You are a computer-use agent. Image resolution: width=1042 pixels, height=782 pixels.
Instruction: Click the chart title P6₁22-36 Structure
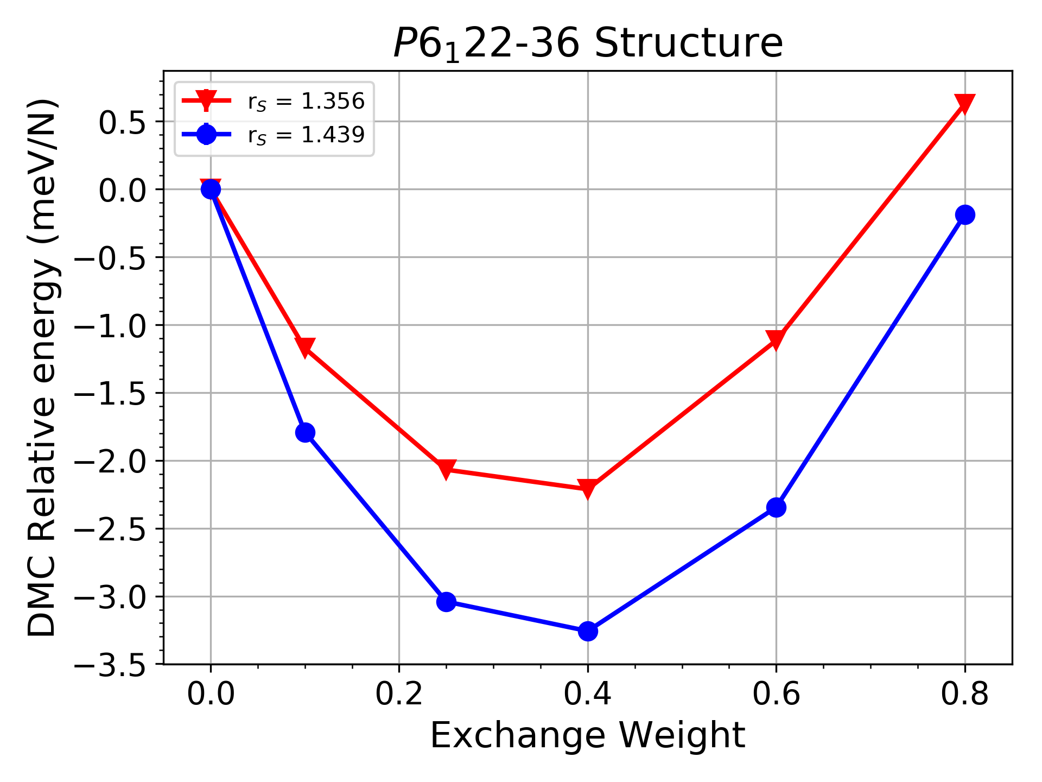coord(588,43)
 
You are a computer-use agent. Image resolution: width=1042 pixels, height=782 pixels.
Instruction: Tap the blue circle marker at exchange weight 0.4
coord(588,631)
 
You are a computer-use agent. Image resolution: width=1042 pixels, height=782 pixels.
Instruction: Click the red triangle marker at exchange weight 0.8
coord(964,103)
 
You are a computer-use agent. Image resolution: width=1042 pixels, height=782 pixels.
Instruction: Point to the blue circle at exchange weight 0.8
coord(964,215)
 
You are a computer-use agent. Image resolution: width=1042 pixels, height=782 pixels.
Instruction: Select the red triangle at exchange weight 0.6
coord(776,339)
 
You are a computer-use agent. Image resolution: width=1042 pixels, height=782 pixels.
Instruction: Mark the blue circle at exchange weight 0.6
coord(776,507)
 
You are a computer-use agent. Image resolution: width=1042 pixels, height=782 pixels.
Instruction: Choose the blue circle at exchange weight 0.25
coord(446,601)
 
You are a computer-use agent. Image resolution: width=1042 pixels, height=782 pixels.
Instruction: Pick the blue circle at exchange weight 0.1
coord(305,432)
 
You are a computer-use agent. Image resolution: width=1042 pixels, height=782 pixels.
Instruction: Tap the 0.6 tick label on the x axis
coord(776,694)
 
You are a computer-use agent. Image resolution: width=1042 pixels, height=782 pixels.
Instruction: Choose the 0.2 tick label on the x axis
coord(399,694)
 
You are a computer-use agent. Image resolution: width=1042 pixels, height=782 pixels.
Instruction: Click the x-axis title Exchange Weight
coord(588,736)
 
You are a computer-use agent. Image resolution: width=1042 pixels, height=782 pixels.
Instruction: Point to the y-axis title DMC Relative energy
coord(42,367)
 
